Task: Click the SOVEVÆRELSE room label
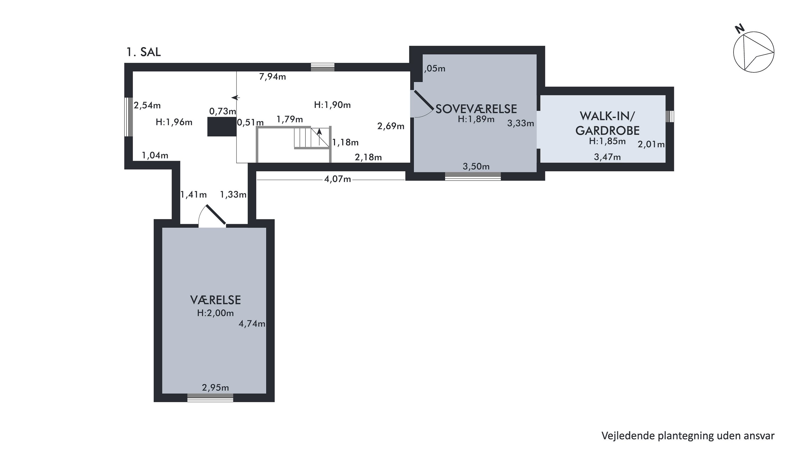tap(476, 109)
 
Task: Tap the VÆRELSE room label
tap(215, 300)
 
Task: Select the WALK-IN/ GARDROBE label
tap(607, 123)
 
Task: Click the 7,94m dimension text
tap(273, 77)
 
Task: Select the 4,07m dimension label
tap(337, 179)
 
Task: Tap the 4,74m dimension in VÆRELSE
tap(252, 324)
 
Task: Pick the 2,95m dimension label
tap(215, 388)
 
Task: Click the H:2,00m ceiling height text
tap(215, 313)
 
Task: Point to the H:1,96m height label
tap(174, 122)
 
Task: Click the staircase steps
tap(311, 138)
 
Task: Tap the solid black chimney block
tap(222, 127)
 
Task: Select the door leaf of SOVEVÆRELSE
tap(424, 100)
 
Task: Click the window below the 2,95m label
tap(210, 398)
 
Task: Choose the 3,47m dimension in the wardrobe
tap(607, 157)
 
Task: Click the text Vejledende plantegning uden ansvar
tap(688, 436)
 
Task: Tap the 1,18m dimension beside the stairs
tap(345, 143)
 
